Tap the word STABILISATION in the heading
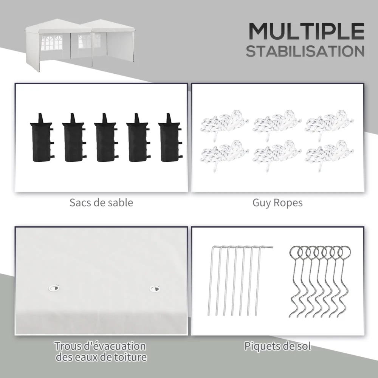coord(305,51)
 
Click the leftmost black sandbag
coord(42,138)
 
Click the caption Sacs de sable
coord(101,203)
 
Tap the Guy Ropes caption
coord(277,203)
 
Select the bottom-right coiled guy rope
coord(329,155)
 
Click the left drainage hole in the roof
coord(54,288)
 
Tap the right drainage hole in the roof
coord(155,288)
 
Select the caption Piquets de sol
coord(277,346)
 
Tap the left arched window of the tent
coord(51,43)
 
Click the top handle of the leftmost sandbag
coord(40,118)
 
